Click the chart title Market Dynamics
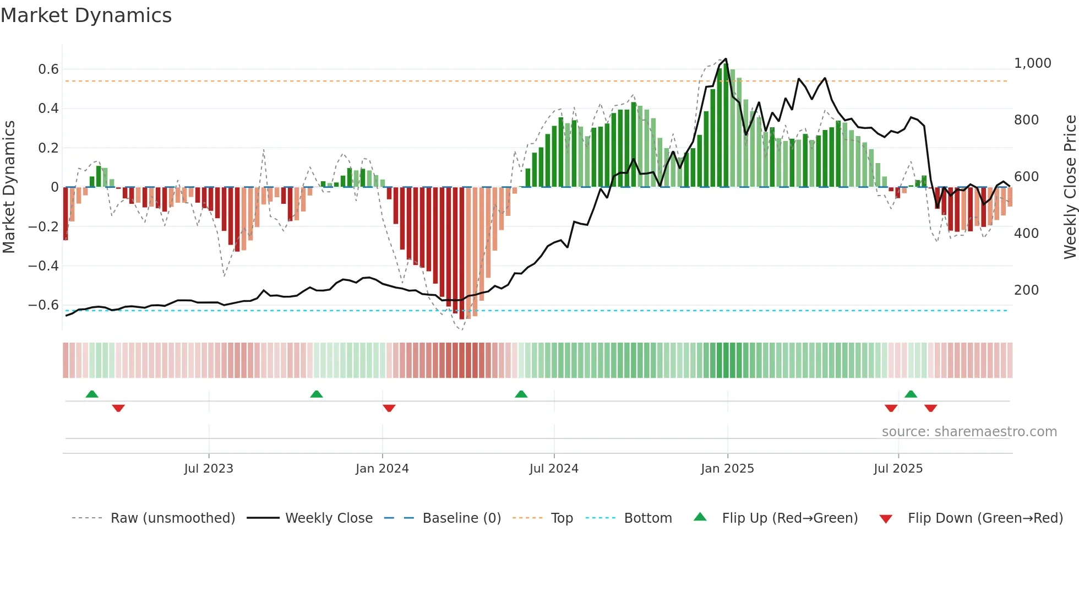(86, 15)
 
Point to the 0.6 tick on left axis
(48, 69)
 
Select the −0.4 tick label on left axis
(43, 266)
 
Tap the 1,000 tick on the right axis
(1032, 63)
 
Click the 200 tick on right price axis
(1026, 290)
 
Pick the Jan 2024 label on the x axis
(382, 469)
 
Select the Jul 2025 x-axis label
(898, 469)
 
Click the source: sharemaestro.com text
(969, 432)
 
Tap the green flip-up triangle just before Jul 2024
(521, 394)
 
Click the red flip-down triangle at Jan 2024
(389, 408)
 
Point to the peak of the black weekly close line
(726, 59)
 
